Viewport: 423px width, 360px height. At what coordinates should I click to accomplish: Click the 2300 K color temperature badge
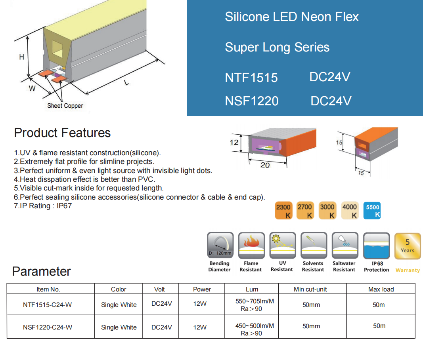coord(283,211)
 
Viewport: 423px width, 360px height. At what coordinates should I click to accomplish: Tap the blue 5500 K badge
coord(373,211)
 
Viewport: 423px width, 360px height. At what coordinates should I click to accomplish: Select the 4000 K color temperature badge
coord(350,211)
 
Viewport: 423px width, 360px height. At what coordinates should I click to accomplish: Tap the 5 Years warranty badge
coord(407,246)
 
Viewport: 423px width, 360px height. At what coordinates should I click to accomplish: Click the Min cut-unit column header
coord(310,289)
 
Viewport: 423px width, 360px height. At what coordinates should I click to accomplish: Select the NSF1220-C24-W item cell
coord(48,327)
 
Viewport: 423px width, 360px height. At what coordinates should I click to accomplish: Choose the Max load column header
coord(381,289)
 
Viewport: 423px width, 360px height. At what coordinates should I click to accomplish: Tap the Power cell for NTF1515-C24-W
coord(200,304)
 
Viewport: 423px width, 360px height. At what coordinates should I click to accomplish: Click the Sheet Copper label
coord(65,106)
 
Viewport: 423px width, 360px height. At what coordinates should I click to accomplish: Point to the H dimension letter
coord(22,57)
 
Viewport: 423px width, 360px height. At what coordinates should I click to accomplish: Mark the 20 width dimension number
coord(265,165)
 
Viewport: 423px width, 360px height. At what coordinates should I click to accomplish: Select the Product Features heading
coord(62,133)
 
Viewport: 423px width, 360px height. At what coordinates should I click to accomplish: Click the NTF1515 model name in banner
coord(251,77)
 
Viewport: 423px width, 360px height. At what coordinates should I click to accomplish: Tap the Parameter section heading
coord(41,271)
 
